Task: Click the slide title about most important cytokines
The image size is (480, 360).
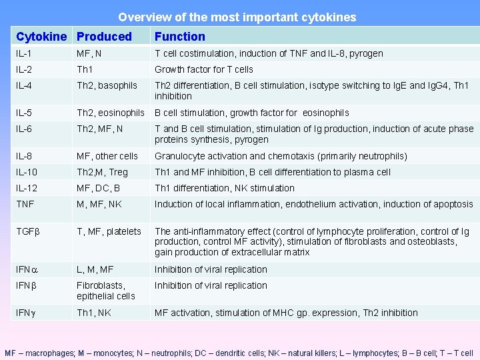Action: coord(237,17)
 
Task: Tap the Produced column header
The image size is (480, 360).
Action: coord(104,37)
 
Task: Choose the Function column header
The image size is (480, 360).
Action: coord(180,37)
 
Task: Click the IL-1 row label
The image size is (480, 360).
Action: coord(25,53)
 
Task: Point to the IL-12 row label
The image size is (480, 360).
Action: coord(28,188)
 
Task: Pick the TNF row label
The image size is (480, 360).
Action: coord(25,204)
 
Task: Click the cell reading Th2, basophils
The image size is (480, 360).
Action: coord(107,85)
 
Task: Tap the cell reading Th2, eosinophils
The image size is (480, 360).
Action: coord(110,113)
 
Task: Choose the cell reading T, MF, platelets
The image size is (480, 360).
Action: coord(109,231)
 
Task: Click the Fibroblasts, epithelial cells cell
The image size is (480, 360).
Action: coord(106,291)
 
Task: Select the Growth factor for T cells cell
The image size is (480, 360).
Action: coord(204,69)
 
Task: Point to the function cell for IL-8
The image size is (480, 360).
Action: coord(281,156)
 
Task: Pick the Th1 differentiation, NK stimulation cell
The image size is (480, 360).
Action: coord(224,188)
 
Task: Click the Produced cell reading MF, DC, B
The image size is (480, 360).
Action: coord(98,188)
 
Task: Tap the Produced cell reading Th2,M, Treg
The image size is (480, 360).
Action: coord(102,172)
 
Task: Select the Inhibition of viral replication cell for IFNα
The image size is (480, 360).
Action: coord(211,269)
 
